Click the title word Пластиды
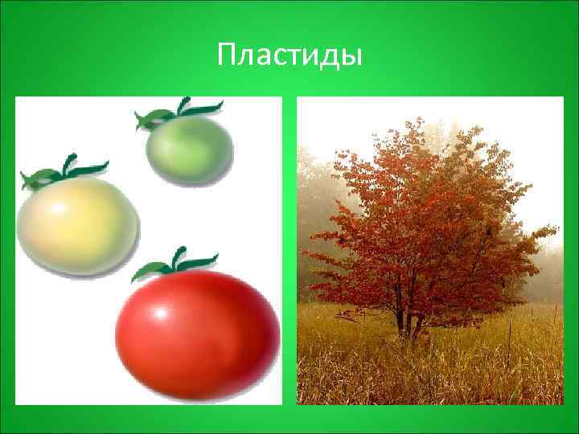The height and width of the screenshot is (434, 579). tap(289, 56)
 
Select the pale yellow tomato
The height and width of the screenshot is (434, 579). tap(77, 225)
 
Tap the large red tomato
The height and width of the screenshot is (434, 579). tap(197, 333)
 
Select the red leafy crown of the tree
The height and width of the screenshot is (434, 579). tap(426, 217)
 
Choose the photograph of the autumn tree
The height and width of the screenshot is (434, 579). tap(430, 250)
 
